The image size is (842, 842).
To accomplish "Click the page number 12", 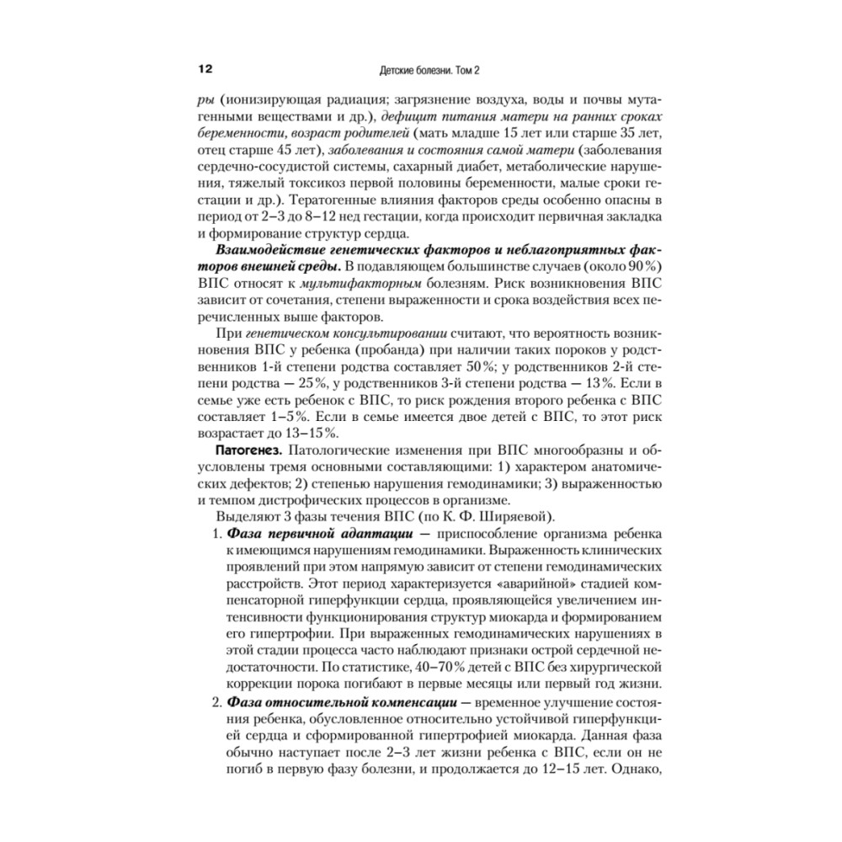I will click(x=206, y=68).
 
